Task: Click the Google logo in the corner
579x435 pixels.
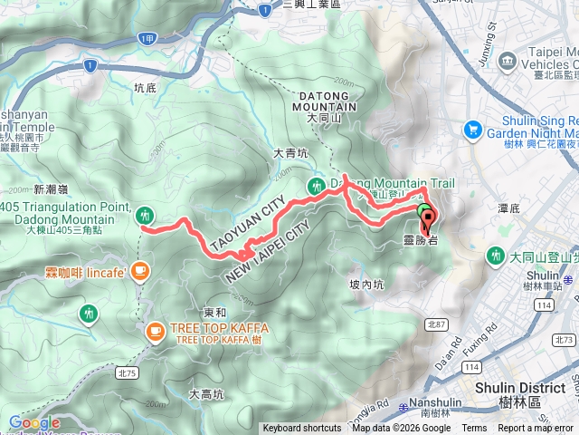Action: (x=34, y=422)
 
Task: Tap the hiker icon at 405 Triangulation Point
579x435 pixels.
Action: (x=145, y=216)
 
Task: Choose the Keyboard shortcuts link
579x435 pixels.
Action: (x=302, y=429)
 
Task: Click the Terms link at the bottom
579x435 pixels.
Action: (x=474, y=429)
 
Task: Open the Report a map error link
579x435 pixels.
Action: (x=536, y=429)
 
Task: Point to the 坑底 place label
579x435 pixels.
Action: (x=145, y=88)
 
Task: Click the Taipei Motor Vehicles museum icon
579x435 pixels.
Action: (x=508, y=63)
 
